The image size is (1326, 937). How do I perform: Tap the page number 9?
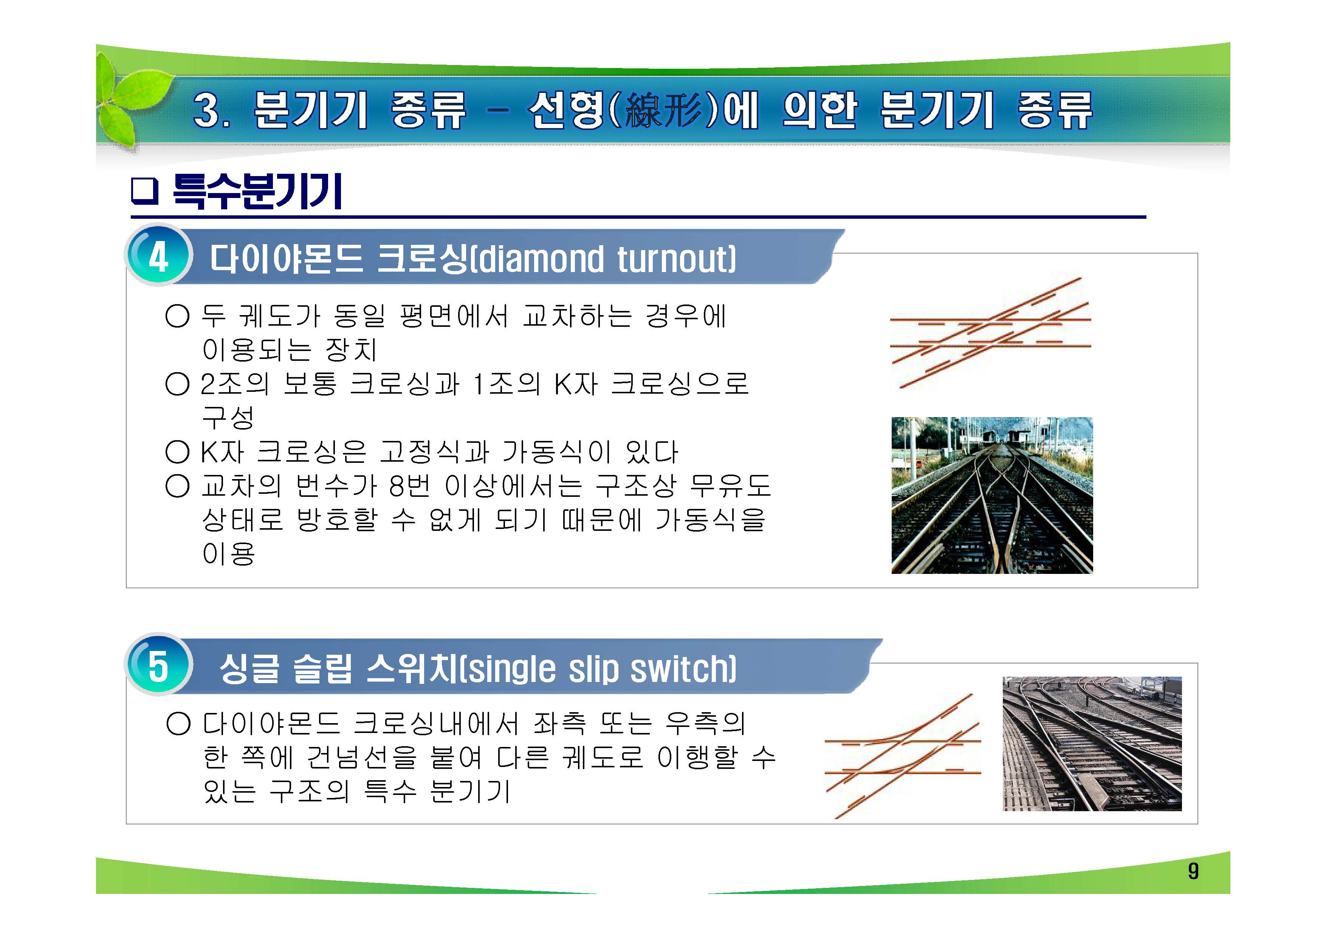(1193, 871)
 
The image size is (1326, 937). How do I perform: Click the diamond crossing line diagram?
(990, 333)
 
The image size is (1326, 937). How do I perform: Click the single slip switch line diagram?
(902, 756)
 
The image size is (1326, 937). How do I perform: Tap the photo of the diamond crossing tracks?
(991, 495)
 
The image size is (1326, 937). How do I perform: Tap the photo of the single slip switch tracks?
(1092, 744)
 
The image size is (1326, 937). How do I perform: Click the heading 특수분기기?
(257, 191)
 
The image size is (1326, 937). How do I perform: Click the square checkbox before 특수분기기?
(144, 191)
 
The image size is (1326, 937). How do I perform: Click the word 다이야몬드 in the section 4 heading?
(286, 259)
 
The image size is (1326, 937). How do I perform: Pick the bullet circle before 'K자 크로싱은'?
(177, 452)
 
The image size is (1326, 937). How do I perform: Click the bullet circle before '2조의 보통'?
(177, 384)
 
